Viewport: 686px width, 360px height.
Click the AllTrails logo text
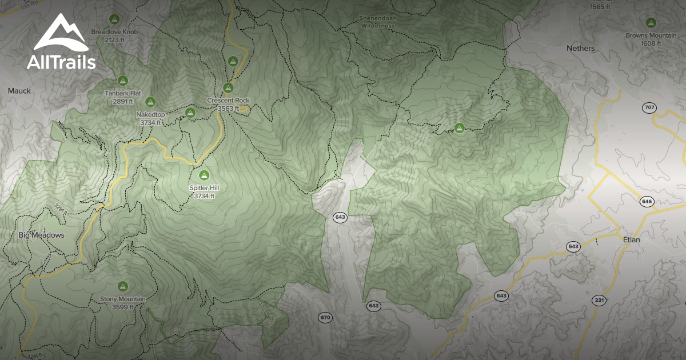[61, 62]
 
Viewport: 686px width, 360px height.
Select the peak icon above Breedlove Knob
[114, 18]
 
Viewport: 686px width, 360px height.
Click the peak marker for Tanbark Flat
[122, 81]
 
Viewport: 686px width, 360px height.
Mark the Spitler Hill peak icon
[204, 175]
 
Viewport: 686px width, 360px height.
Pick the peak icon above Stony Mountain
[122, 286]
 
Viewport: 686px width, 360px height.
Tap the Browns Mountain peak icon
[651, 23]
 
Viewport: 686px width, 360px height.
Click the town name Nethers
[581, 49]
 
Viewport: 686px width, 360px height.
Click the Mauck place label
[19, 91]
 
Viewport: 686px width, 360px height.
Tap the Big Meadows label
[41, 235]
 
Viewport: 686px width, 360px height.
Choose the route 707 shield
[649, 107]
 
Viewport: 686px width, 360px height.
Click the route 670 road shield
[325, 317]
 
